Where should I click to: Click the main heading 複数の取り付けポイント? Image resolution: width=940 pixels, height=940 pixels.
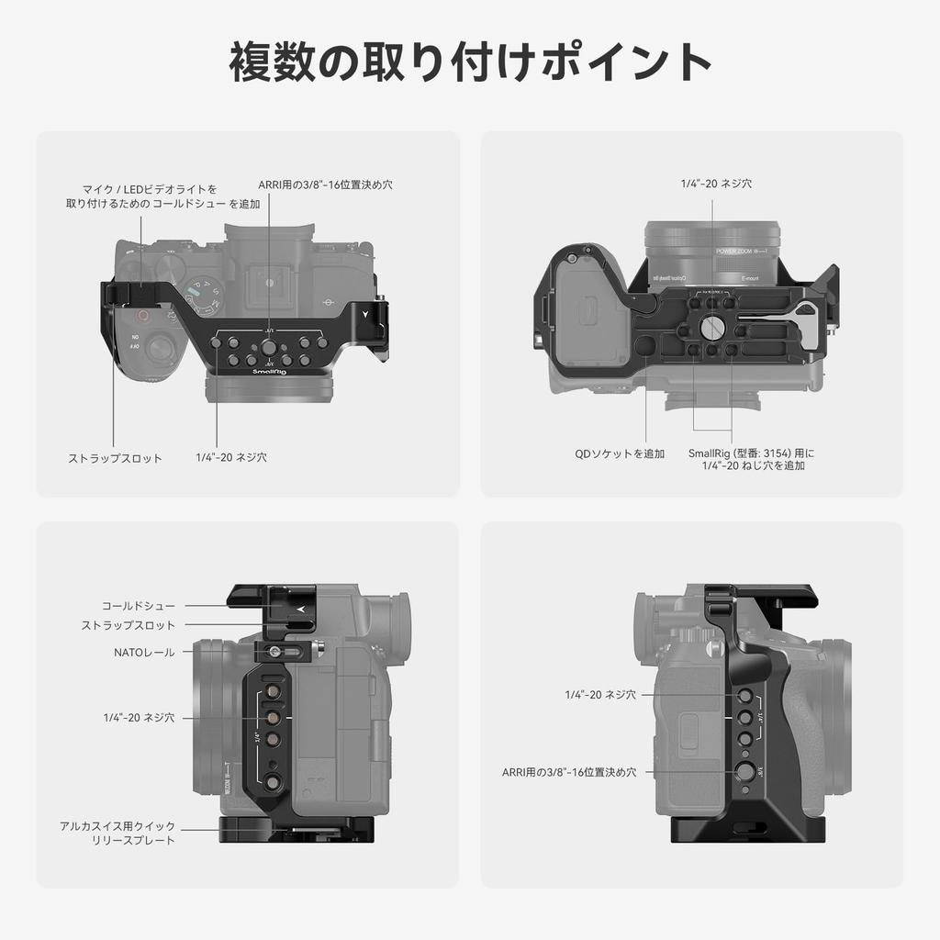[x=470, y=62]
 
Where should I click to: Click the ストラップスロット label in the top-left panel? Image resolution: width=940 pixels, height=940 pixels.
[x=116, y=458]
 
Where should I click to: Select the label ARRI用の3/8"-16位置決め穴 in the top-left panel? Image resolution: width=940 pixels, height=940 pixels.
[x=325, y=185]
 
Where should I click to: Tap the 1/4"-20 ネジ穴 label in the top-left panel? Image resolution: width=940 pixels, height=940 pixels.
[x=231, y=456]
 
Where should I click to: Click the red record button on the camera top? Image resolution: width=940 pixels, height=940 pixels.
[x=141, y=315]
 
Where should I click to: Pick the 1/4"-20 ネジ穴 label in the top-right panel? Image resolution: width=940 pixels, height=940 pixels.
[x=716, y=184]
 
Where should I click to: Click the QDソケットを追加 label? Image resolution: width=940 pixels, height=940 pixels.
[x=620, y=453]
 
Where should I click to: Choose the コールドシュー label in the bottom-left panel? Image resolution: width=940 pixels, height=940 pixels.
[x=139, y=606]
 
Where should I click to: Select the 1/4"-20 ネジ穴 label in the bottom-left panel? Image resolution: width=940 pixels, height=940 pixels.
[x=139, y=717]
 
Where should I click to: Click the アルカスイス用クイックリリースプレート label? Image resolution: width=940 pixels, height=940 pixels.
[x=117, y=833]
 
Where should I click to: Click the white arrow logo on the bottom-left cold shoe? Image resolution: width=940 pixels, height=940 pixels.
[x=300, y=608]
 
